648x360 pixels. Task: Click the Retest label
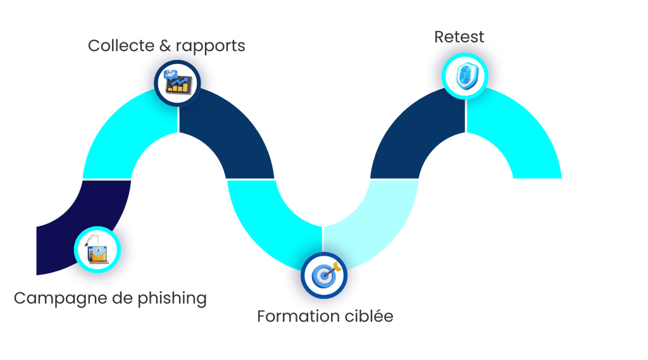click(x=459, y=37)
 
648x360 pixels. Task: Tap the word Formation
click(x=295, y=316)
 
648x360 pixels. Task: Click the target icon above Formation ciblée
click(x=324, y=275)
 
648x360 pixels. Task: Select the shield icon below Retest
click(x=465, y=75)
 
